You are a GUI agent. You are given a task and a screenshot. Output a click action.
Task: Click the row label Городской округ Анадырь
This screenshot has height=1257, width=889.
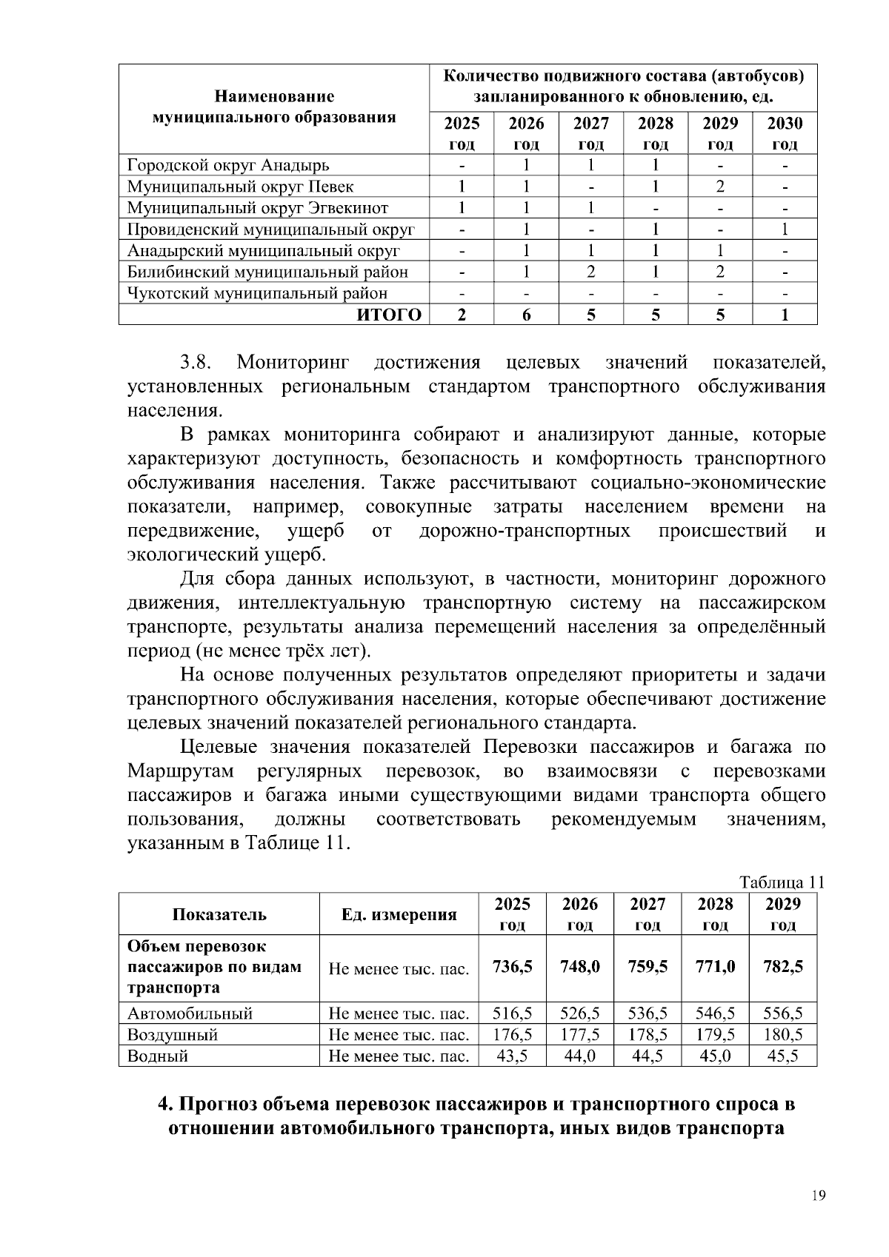[x=228, y=165]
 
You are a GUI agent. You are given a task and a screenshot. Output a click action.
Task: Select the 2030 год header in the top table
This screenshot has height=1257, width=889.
[x=785, y=133]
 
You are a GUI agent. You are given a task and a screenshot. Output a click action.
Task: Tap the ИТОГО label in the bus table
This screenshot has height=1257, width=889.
[x=390, y=315]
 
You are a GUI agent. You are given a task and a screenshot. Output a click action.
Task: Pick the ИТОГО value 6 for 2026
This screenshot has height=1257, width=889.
[x=526, y=315]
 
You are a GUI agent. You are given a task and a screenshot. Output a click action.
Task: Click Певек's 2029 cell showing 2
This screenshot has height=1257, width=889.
[x=720, y=187]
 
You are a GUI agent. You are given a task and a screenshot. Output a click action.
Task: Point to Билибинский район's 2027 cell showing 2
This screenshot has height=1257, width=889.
[x=590, y=272]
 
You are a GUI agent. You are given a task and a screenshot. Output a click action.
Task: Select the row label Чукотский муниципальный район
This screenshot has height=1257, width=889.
[x=257, y=294]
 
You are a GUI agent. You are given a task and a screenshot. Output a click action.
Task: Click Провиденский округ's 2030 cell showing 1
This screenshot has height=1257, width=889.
[x=785, y=229]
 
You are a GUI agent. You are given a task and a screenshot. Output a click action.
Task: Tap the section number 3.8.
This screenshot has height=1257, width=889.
[x=196, y=363]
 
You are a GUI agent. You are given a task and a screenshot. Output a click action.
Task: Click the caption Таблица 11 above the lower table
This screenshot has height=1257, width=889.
[x=782, y=882]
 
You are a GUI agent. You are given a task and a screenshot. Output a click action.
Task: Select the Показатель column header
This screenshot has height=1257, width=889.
[x=219, y=914]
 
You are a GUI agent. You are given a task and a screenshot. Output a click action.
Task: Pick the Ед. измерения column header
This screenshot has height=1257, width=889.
[x=399, y=914]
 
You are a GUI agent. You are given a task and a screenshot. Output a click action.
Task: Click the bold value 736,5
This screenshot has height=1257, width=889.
[x=512, y=967]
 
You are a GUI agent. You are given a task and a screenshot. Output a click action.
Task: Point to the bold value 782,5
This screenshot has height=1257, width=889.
[x=783, y=967]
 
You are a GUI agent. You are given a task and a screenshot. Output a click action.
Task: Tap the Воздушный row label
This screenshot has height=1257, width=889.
[x=173, y=1035]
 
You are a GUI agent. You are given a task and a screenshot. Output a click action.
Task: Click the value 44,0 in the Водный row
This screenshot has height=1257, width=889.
[x=580, y=1056]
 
